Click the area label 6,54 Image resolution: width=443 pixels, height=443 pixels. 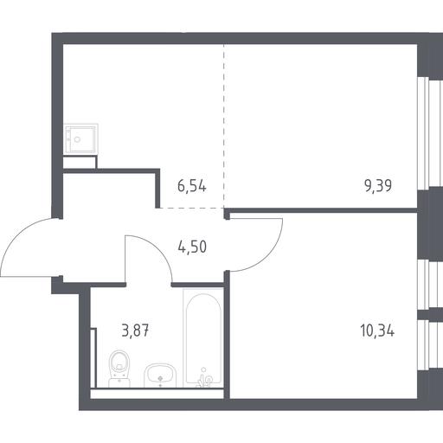click(x=192, y=186)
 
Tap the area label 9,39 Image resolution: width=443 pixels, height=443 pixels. click(x=378, y=186)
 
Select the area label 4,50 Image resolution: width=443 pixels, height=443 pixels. click(x=192, y=247)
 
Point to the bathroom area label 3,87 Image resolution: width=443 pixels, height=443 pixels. click(x=135, y=331)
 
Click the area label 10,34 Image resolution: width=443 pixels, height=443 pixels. click(x=377, y=331)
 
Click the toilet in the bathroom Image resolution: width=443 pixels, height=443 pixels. click(x=119, y=369)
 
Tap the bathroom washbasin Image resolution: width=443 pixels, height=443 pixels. click(x=160, y=376)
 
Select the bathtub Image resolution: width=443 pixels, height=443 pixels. click(x=203, y=338)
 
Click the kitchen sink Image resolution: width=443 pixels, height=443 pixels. click(x=80, y=139)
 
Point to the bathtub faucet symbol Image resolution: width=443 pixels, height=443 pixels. click(x=204, y=378)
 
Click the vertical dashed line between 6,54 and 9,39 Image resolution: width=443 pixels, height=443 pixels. click(x=223, y=126)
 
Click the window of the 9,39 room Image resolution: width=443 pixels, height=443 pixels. click(x=430, y=133)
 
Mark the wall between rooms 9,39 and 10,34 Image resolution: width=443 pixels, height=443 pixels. click(x=321, y=210)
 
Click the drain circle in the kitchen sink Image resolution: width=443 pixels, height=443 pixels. click(x=77, y=139)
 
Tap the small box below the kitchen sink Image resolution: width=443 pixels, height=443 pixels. click(x=80, y=162)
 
